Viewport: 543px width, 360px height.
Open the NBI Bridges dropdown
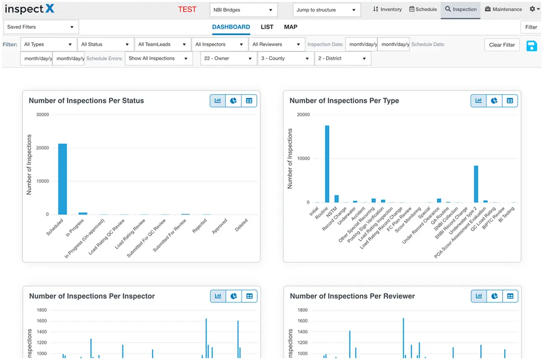243,10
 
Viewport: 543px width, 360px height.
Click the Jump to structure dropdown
326,10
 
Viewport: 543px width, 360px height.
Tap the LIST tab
267,27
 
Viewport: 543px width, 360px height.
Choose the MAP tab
291,27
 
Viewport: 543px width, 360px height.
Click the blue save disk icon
532,45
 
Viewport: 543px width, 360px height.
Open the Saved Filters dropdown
41,27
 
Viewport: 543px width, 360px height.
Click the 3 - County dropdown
285,58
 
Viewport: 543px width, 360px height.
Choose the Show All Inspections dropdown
159,58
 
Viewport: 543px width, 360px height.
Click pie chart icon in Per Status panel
233,101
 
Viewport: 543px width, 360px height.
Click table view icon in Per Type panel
510,101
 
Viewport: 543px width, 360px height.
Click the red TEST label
187,9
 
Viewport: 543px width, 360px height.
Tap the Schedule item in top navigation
423,9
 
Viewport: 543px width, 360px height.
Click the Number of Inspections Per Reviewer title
352,296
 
